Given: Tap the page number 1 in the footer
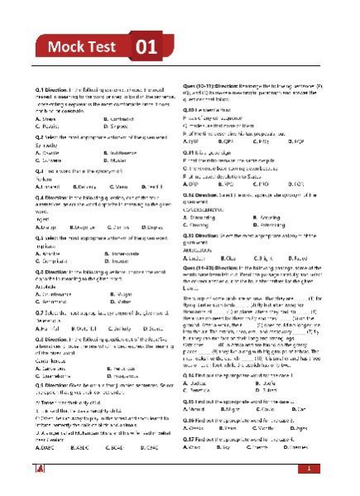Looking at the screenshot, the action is (x=307, y=469).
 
